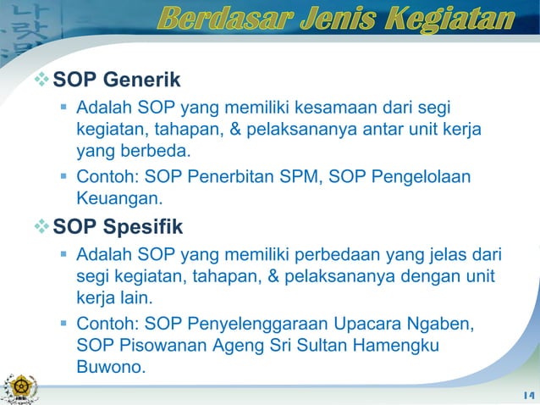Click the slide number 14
tap(529, 396)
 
